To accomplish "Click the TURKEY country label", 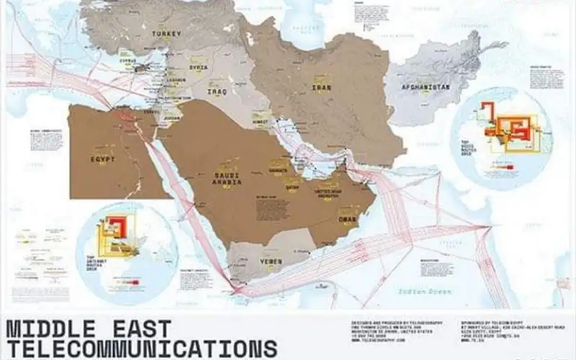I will (166, 34).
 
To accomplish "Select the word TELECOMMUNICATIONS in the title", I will (141, 349).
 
